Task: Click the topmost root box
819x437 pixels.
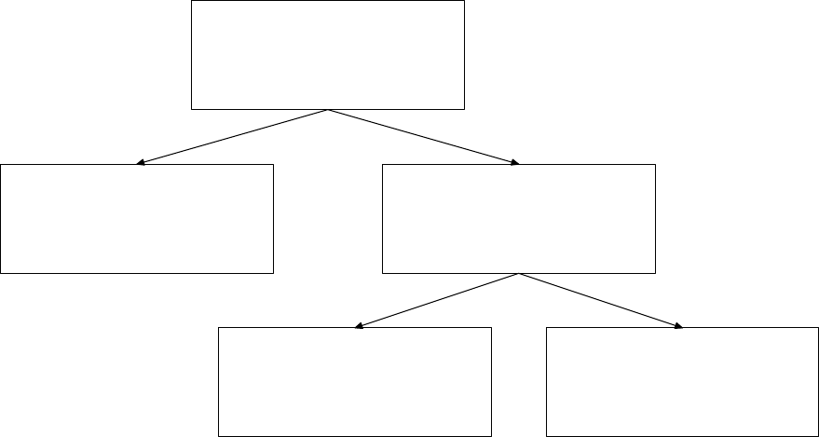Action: (x=327, y=55)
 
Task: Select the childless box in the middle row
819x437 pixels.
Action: (x=137, y=219)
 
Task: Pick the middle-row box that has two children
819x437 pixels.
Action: (x=519, y=219)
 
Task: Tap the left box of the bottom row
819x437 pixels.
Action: (x=354, y=381)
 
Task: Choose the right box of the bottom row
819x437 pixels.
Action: (x=682, y=381)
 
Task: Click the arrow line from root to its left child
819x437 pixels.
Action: (x=233, y=137)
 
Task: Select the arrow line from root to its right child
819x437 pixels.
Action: (x=423, y=137)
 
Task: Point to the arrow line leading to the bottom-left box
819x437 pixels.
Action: (x=437, y=301)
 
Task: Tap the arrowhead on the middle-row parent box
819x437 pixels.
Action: (x=514, y=163)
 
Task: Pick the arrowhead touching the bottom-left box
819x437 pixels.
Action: (x=359, y=326)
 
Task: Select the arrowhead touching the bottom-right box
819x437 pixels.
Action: (x=678, y=326)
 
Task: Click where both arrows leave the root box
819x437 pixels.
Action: (x=328, y=110)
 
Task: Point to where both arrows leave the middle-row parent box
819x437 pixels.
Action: (x=519, y=274)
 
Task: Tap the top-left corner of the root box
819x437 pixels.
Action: (x=191, y=1)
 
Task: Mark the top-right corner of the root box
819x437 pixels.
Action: (x=464, y=1)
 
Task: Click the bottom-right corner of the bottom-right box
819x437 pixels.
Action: (x=818, y=435)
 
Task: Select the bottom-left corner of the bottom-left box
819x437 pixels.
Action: (x=218, y=435)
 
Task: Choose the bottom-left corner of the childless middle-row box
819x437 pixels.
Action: (x=1, y=273)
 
